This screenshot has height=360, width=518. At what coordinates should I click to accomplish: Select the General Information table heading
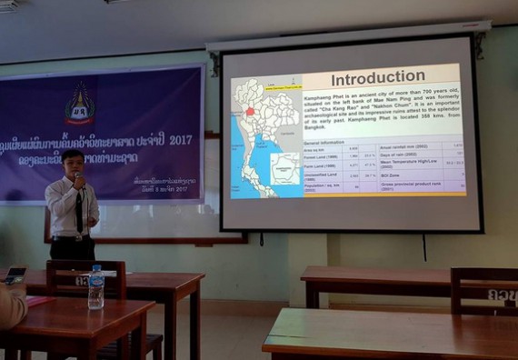coord(324,144)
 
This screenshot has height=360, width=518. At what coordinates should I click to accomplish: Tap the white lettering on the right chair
coord(500,295)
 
